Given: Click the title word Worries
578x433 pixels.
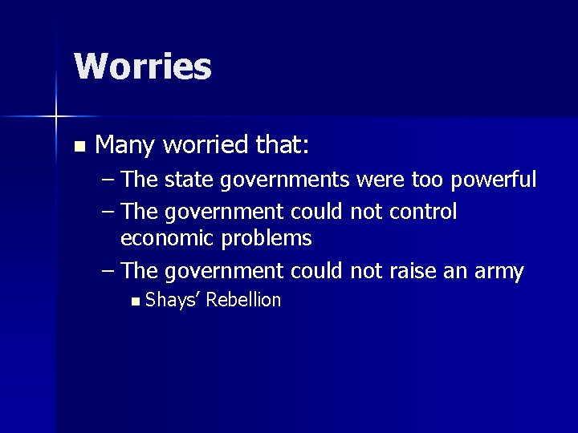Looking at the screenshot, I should (x=143, y=67).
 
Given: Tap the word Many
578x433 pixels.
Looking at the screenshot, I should (x=125, y=145).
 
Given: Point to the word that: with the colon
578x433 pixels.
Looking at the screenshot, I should (x=282, y=145).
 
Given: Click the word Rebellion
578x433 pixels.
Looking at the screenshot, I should (x=244, y=300).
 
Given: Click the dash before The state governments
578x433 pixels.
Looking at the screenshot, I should (x=109, y=180).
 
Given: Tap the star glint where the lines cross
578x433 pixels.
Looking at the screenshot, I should (x=56, y=117).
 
